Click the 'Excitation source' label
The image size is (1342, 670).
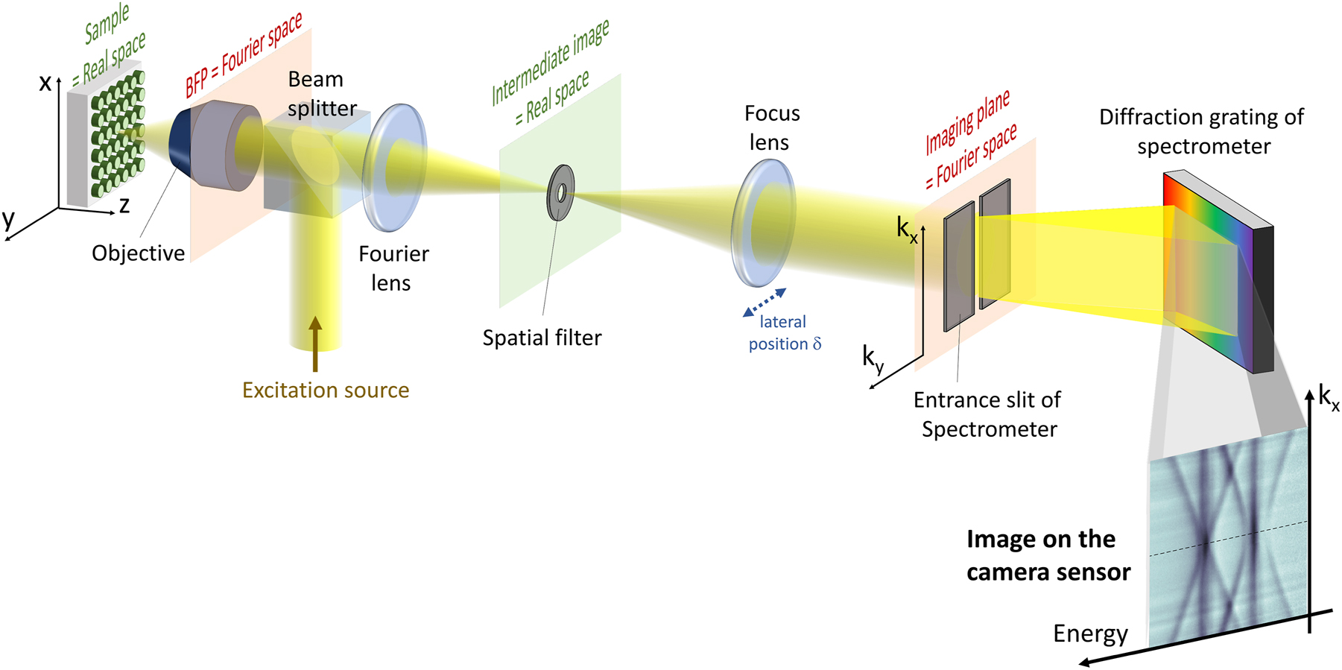pos(326,390)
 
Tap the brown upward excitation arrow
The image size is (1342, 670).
pos(315,344)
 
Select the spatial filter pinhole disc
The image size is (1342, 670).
pos(560,193)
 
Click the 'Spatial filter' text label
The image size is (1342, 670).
pos(542,338)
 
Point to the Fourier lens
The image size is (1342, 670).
pos(394,167)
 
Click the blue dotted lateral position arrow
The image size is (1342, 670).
pos(765,302)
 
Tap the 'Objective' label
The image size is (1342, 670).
pos(138,253)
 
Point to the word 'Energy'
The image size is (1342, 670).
pos(1090,633)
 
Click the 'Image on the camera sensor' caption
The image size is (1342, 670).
pos(1048,555)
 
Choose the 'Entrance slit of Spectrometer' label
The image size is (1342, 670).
pos(988,414)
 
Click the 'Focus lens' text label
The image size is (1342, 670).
pos(771,127)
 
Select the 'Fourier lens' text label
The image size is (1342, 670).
pos(393,268)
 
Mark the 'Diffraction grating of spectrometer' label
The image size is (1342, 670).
pos(1202,131)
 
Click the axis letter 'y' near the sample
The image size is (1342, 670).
pos(8,219)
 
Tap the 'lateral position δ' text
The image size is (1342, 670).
pos(784,333)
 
